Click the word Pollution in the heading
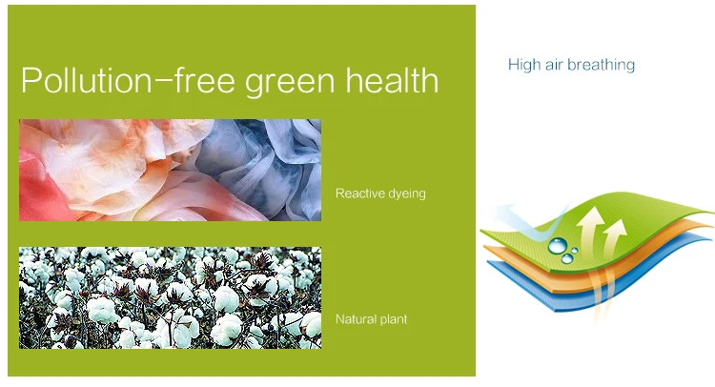coord(86,80)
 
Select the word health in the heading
coord(392,80)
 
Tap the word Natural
coord(353,319)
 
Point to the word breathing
coord(602,65)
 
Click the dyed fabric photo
coord(170,170)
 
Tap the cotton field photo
coord(170,297)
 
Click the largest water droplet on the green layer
coord(558,245)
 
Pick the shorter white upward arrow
coord(614,237)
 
